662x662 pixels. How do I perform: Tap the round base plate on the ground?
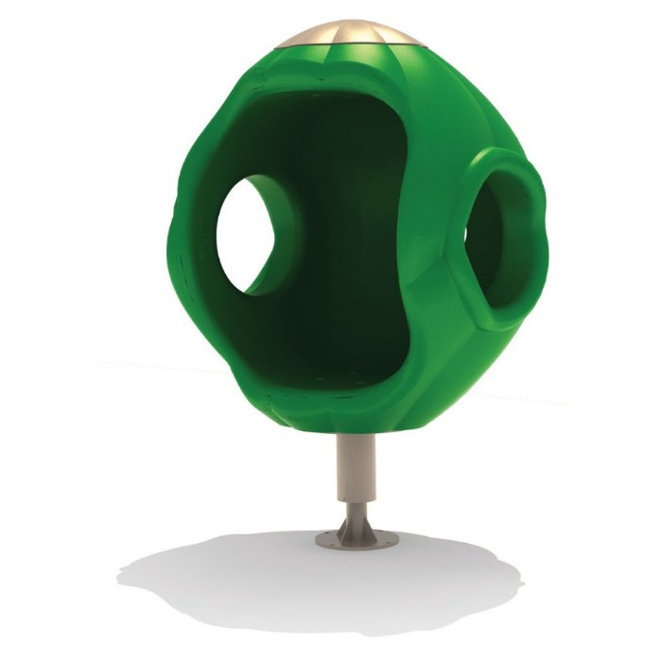click(x=357, y=542)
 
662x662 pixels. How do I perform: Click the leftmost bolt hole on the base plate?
click(x=324, y=541)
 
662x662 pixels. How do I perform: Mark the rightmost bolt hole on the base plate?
click(x=390, y=541)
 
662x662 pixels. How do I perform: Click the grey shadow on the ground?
click(x=236, y=577)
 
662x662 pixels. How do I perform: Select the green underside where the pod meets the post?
click(x=357, y=424)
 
